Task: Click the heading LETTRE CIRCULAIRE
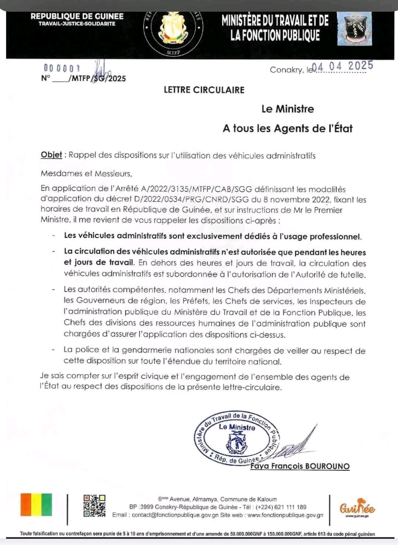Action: click(x=204, y=90)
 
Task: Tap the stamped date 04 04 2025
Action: click(x=342, y=66)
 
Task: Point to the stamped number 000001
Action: click(x=62, y=68)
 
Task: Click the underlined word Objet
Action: click(x=51, y=155)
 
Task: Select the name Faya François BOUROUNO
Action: click(x=300, y=466)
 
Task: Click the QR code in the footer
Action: click(x=94, y=506)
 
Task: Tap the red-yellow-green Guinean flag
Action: click(x=36, y=505)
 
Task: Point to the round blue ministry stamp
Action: click(x=236, y=438)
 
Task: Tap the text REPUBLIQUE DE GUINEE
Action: click(x=77, y=16)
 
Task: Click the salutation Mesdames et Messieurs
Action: click(x=86, y=173)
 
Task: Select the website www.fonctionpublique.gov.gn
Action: click(x=285, y=515)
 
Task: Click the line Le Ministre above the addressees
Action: click(x=287, y=109)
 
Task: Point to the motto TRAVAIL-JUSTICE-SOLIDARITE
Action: click(x=77, y=24)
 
